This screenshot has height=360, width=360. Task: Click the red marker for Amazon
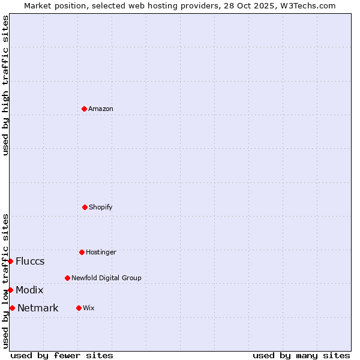[x=84, y=109]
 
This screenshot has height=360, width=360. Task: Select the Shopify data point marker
[x=85, y=207]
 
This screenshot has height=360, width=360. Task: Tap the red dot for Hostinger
[x=82, y=252]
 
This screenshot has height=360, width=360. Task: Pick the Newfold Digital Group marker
[x=67, y=278]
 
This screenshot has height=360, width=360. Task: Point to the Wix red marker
[x=79, y=308]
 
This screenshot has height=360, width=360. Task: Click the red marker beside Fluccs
[x=10, y=261]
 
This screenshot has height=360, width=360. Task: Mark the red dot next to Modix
[x=10, y=290]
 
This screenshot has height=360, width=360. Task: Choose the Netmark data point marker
[x=12, y=308]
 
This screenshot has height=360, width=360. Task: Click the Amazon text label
[x=101, y=109]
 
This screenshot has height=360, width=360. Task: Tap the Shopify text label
[x=101, y=207]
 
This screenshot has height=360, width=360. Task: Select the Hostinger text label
[x=101, y=252]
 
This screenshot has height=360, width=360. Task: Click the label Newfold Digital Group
[x=106, y=278]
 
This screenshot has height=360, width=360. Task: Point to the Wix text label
[x=89, y=308]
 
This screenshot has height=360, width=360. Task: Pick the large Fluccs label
[x=30, y=261]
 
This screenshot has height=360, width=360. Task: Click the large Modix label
[x=29, y=290]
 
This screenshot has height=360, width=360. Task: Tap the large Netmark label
[x=38, y=308]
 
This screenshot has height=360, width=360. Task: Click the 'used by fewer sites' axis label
[x=62, y=355]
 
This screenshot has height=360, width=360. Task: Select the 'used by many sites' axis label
[x=301, y=355]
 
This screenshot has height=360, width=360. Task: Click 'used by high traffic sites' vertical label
[x=5, y=85]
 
